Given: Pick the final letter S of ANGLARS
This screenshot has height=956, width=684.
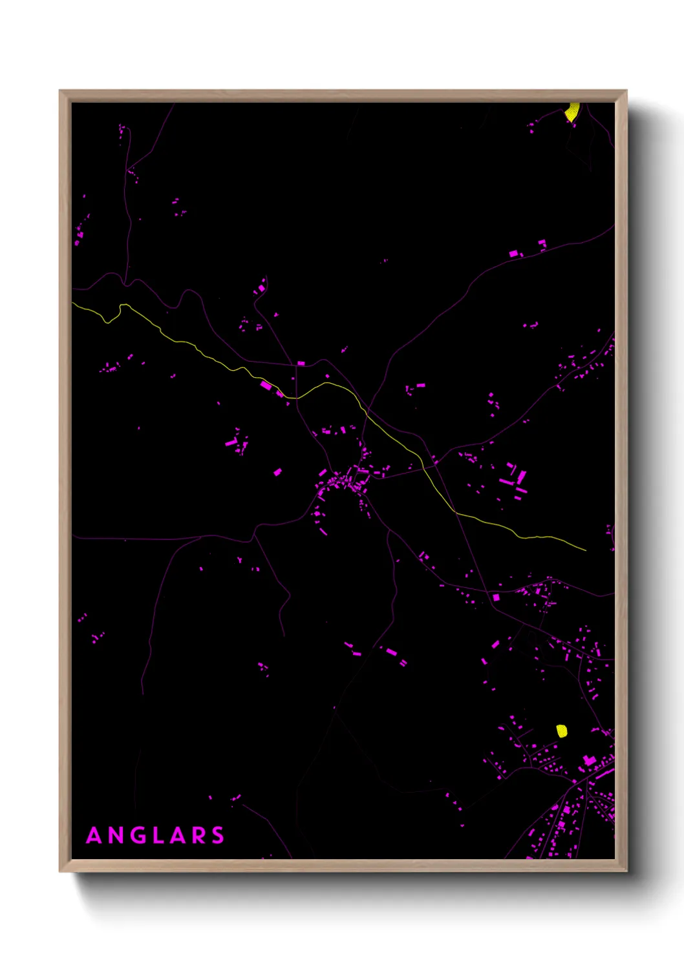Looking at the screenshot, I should [x=218, y=835].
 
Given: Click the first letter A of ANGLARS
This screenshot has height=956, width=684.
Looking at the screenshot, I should [x=94, y=835].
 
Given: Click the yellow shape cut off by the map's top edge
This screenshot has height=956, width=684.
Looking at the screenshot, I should [x=572, y=112].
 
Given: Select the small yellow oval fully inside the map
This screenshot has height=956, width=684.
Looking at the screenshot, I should [x=562, y=731].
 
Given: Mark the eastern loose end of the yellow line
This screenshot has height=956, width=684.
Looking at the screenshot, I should [x=585, y=550].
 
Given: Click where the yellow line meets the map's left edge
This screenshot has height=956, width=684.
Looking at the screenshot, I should [x=73, y=303].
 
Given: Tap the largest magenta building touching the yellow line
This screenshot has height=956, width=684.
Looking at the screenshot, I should [x=266, y=386].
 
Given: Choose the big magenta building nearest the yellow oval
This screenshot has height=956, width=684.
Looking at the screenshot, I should [x=589, y=760].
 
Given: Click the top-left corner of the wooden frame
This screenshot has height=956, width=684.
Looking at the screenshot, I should [x=60, y=91].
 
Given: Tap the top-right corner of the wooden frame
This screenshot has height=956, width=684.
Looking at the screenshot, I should [x=626, y=91].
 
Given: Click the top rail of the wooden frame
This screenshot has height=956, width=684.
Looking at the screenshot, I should [x=343, y=96].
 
